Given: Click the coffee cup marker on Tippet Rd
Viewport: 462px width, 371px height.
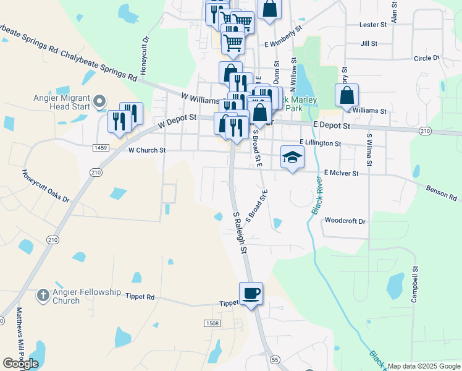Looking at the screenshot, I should point(251,294).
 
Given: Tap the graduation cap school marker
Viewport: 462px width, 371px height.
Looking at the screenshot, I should point(292,157).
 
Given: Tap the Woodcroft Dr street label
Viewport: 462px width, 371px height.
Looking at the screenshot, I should point(345,221).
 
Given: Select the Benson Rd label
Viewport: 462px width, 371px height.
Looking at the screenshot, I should point(441,192).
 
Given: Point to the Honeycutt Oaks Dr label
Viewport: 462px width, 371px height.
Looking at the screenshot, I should point(46,186).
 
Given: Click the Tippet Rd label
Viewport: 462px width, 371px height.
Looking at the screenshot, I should point(140,297).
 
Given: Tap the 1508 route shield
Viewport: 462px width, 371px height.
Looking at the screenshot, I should point(211,323).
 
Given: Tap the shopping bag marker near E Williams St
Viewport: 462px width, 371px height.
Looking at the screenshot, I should point(347,96).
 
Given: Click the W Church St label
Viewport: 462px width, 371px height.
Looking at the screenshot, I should point(147,150).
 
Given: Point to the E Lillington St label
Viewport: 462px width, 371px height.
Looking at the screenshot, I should point(321,143).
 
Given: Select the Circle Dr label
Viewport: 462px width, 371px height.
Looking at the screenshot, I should point(426,58).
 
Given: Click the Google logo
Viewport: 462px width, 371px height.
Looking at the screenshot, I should point(21,364).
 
